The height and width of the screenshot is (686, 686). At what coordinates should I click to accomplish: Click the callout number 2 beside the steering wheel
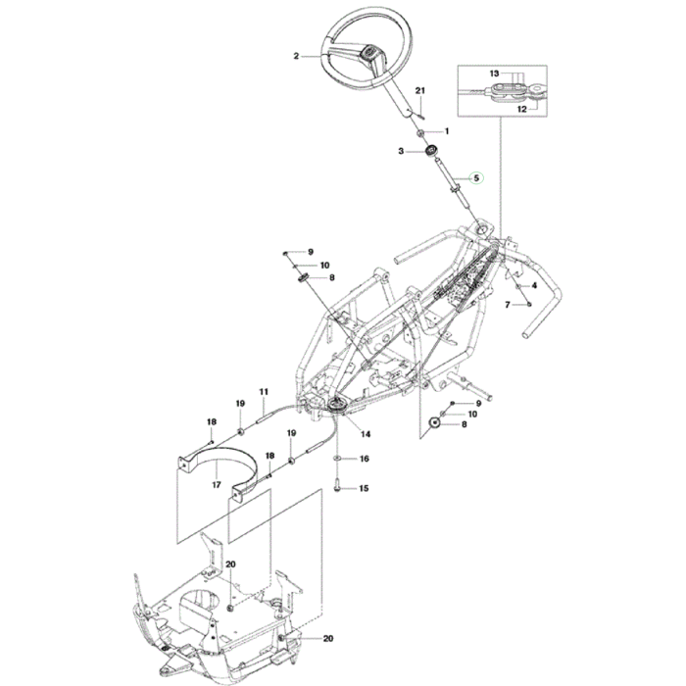point(297,57)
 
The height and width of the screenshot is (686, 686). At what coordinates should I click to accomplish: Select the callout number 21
point(421,91)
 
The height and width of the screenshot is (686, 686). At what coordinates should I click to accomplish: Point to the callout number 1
point(446,131)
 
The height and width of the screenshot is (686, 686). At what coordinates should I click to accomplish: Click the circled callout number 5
point(477,177)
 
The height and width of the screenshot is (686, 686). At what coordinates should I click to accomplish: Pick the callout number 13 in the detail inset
point(495,73)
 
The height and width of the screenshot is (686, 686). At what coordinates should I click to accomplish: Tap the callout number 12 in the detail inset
point(522,110)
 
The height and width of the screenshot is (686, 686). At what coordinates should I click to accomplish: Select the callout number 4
point(534,285)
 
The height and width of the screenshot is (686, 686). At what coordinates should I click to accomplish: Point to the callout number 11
point(264,392)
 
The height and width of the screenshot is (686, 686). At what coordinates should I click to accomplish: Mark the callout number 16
point(365,459)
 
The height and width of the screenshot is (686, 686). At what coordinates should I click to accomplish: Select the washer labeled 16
point(336,458)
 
